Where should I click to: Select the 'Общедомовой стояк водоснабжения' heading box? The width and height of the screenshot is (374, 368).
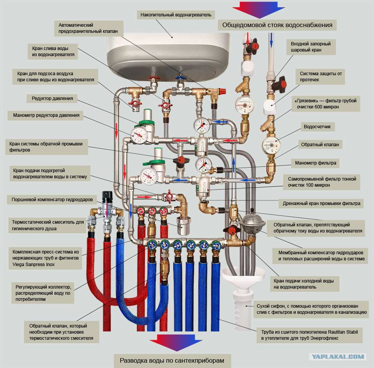[277, 25]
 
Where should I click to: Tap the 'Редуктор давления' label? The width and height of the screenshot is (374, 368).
[52, 98]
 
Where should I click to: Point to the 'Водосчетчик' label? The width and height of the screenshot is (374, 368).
[317, 126]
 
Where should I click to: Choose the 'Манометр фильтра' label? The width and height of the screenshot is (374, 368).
[316, 163]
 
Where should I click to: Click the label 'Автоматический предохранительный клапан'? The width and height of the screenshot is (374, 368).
[91, 28]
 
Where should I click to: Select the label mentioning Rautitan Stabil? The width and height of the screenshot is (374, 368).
[310, 334]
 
